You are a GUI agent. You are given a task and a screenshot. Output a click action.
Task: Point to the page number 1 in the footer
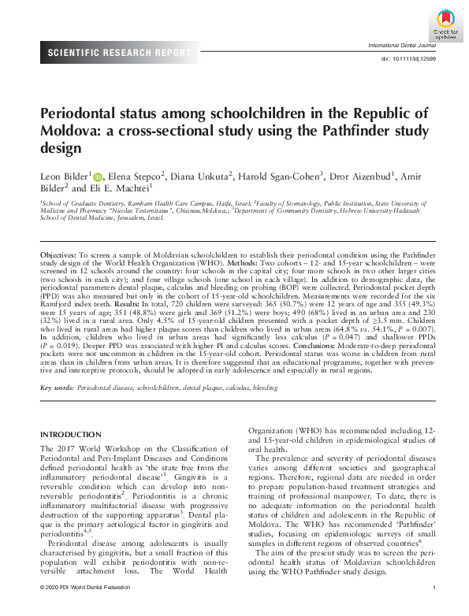click(x=434, y=610)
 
